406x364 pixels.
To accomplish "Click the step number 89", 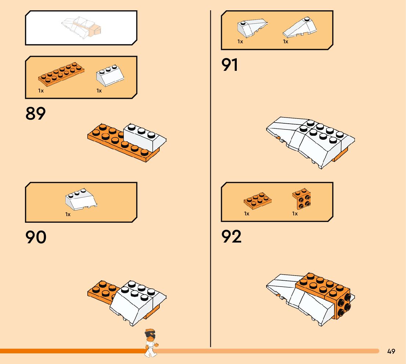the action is click(36, 114).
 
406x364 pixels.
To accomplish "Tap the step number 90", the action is click(36, 237).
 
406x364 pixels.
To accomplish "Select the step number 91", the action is click(230, 65).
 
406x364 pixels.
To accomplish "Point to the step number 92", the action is click(232, 237).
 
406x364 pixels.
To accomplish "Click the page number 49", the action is click(391, 352).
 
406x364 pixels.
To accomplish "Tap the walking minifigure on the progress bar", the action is click(151, 343).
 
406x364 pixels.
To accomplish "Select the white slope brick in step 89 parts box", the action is click(109, 76).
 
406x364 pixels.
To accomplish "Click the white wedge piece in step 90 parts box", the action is click(81, 200).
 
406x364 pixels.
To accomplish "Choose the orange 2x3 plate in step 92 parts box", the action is click(258, 200).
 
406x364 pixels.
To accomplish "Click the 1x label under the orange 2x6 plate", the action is click(41, 91).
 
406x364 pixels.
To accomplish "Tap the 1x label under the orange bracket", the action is click(295, 214).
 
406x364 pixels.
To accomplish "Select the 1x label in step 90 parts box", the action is click(68, 214).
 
